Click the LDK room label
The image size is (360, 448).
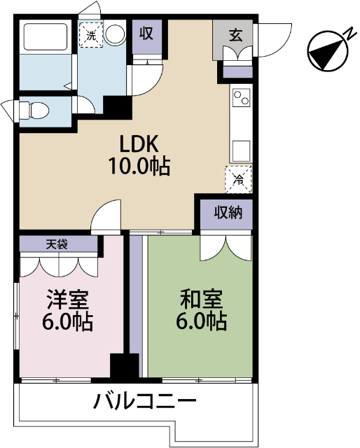coord(140,145)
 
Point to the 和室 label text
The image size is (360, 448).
coord(202,300)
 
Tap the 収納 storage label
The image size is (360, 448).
coord(228,212)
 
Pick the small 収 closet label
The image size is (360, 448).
coord(146,33)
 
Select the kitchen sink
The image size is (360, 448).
coord(242,150)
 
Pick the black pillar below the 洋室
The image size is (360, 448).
coord(125,367)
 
